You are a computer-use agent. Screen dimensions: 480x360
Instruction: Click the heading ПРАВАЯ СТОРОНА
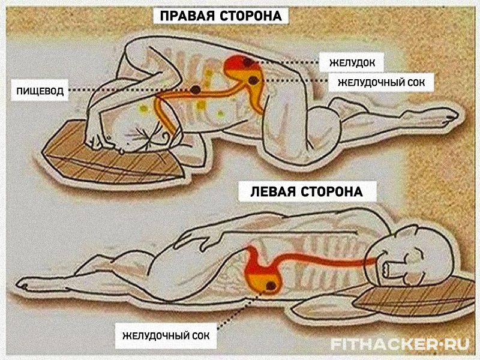click(x=221, y=16)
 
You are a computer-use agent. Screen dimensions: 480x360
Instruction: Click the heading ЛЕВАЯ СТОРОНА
click(x=307, y=191)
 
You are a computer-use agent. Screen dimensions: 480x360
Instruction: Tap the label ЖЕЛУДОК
click(x=352, y=63)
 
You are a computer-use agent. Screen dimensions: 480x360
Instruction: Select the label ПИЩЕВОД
click(x=40, y=91)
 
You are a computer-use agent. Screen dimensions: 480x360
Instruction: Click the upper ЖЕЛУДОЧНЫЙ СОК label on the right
click(x=382, y=82)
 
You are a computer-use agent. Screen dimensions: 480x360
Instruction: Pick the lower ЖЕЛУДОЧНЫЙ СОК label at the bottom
click(x=166, y=336)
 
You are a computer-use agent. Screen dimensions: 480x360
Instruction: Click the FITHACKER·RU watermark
click(x=400, y=344)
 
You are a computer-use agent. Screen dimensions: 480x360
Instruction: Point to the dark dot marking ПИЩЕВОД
click(x=196, y=89)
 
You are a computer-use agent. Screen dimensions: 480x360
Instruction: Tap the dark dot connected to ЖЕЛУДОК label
click(x=247, y=63)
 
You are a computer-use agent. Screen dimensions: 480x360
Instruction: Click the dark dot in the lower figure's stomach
click(x=271, y=286)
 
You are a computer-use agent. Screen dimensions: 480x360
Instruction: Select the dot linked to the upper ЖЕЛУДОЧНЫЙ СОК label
click(x=253, y=80)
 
